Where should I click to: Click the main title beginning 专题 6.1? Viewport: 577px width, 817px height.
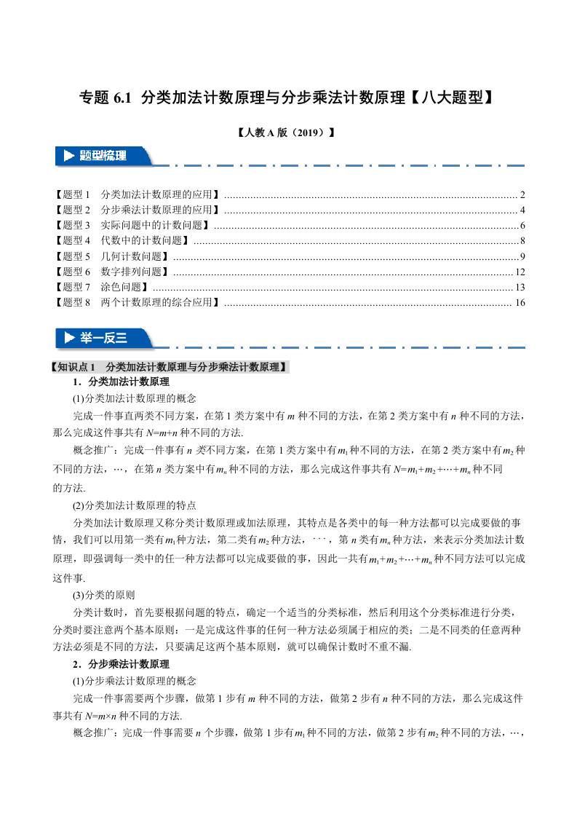coord(287,98)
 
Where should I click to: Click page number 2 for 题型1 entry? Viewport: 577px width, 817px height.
coord(522,195)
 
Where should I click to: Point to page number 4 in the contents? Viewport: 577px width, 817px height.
coord(522,210)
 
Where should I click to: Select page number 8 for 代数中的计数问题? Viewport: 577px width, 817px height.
coord(522,240)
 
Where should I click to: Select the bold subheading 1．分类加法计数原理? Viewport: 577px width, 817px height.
coord(121,382)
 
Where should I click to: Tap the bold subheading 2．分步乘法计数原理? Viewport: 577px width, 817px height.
coord(121,664)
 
